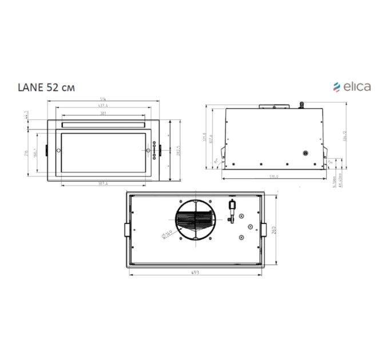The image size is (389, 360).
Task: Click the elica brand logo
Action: (x=352, y=87)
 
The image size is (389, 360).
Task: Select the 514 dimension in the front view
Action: (x=102, y=101)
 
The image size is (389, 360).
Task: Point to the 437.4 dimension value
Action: (x=102, y=107)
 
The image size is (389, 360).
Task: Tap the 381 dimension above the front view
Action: (x=102, y=113)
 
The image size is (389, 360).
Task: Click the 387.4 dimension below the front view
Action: (x=102, y=183)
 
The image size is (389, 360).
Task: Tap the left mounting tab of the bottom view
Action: (x=126, y=229)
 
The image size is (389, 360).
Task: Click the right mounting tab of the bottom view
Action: (x=264, y=229)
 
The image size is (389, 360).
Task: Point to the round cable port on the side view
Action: (x=305, y=153)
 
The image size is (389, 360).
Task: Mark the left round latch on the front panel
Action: (x=58, y=150)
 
